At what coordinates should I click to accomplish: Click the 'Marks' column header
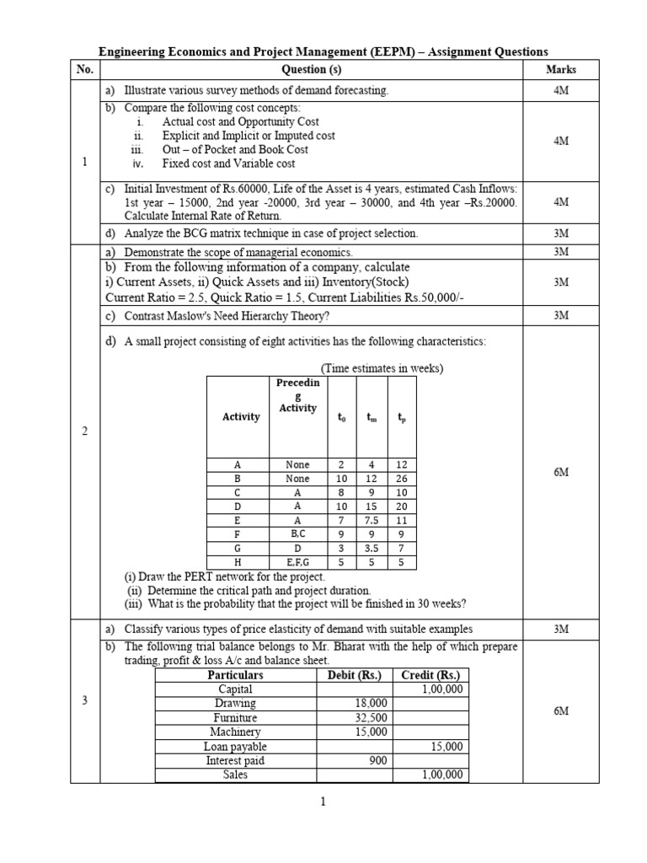[560, 70]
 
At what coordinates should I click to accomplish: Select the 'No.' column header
[84, 70]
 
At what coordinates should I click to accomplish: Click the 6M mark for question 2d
[561, 473]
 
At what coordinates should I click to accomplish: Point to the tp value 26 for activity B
[402, 479]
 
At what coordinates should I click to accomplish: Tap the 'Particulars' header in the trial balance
[235, 675]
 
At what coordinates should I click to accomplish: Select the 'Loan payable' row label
[235, 747]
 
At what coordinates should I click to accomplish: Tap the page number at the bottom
[323, 802]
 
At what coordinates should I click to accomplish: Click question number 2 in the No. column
[84, 431]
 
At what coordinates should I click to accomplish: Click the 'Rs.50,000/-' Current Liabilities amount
[403, 297]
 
